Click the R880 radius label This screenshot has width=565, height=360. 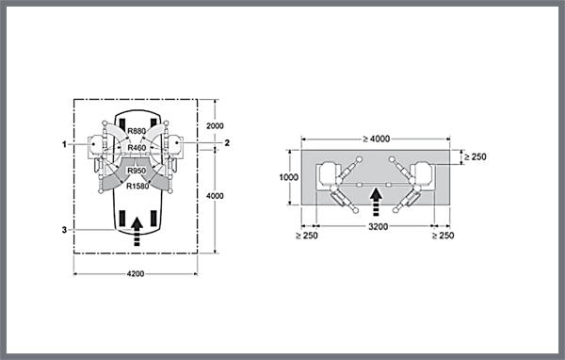[x=137, y=131]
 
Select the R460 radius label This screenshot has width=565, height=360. [x=137, y=148]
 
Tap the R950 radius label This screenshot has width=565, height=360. [x=137, y=171]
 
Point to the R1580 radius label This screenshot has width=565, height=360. [x=137, y=187]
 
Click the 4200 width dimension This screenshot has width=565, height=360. [x=136, y=274]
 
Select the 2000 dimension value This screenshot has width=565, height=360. [x=215, y=126]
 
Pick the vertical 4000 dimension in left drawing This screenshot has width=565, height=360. [x=215, y=196]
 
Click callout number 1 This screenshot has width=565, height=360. [x=64, y=144]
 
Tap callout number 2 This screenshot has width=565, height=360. [x=227, y=143]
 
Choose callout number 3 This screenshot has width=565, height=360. [x=64, y=230]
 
